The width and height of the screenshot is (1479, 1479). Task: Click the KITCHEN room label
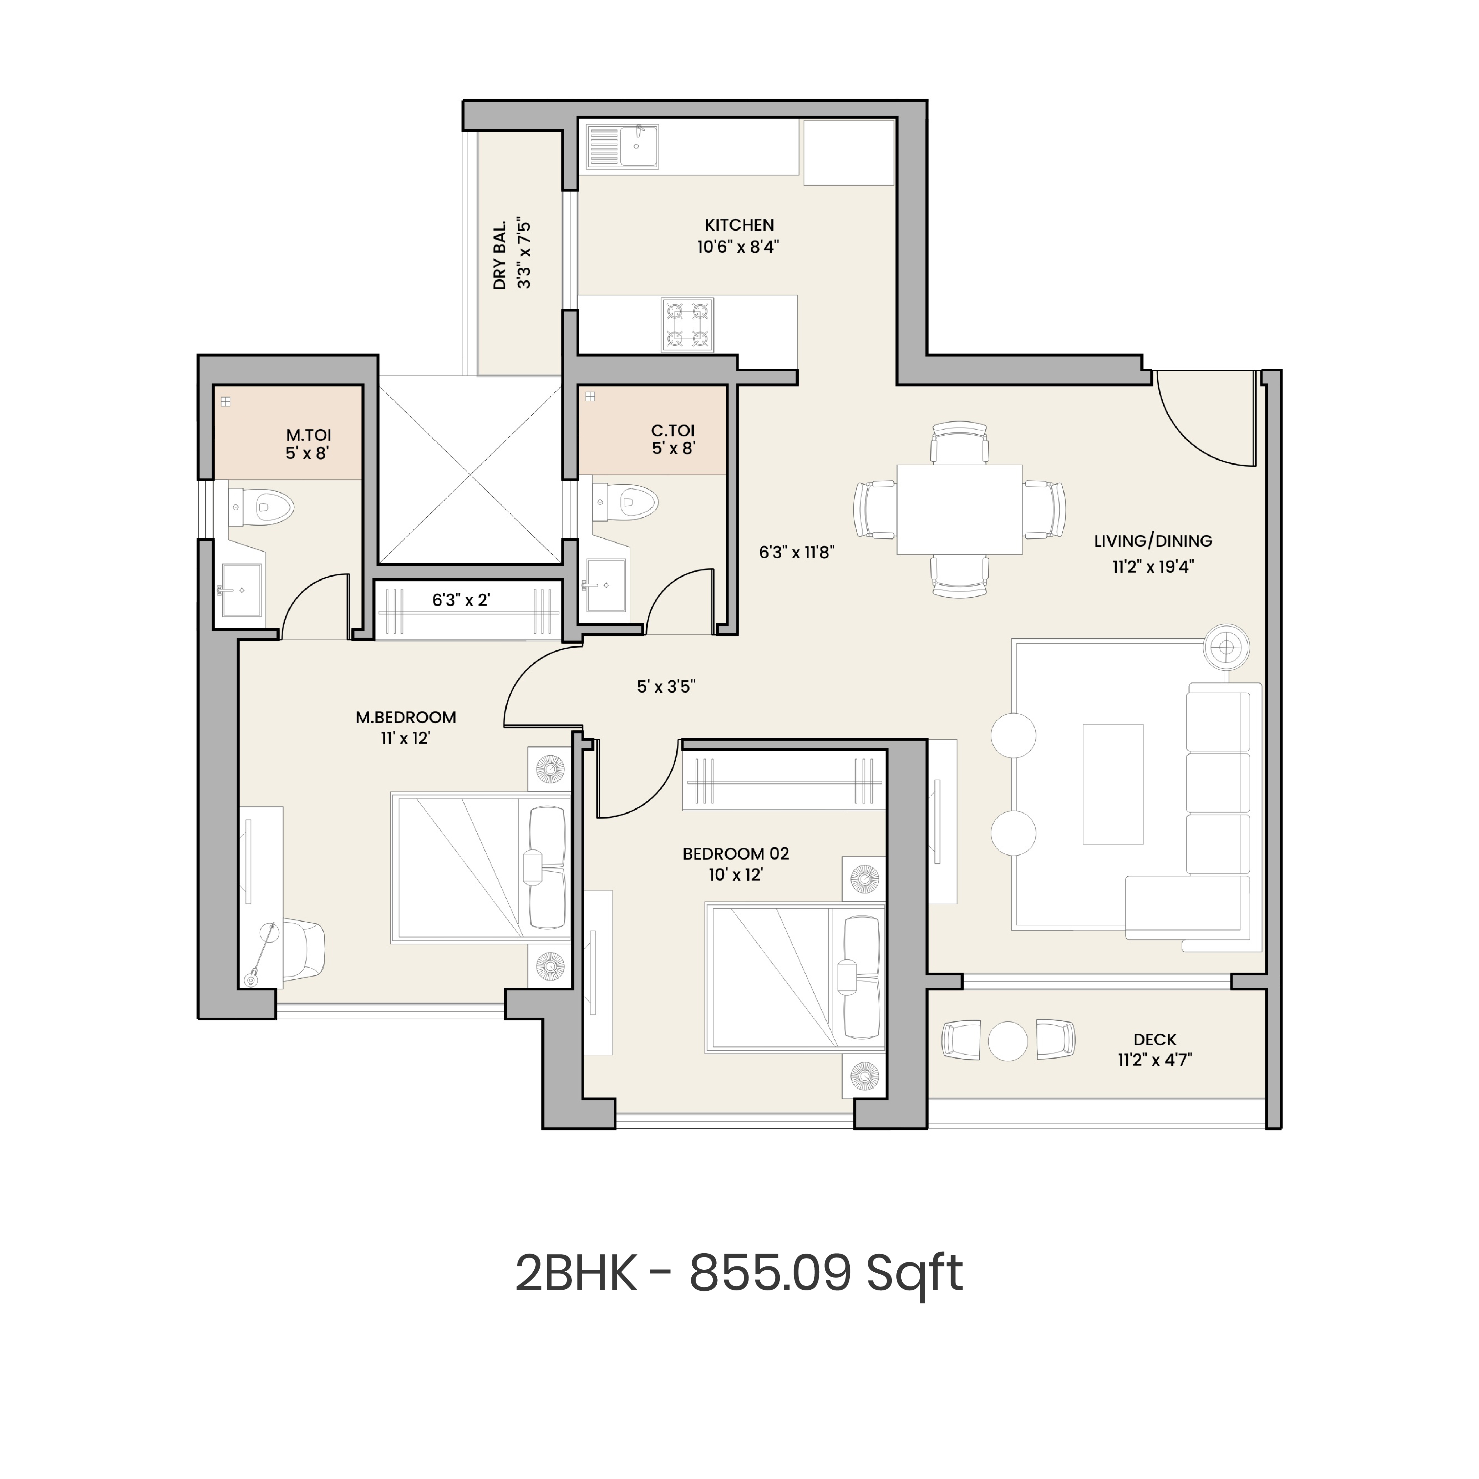739,225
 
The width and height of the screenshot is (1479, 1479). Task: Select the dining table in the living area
959,509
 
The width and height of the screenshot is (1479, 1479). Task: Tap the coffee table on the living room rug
1112,784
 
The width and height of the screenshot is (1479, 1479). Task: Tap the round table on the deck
1007,1041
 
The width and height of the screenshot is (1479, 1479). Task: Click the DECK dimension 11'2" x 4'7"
1154,1060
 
